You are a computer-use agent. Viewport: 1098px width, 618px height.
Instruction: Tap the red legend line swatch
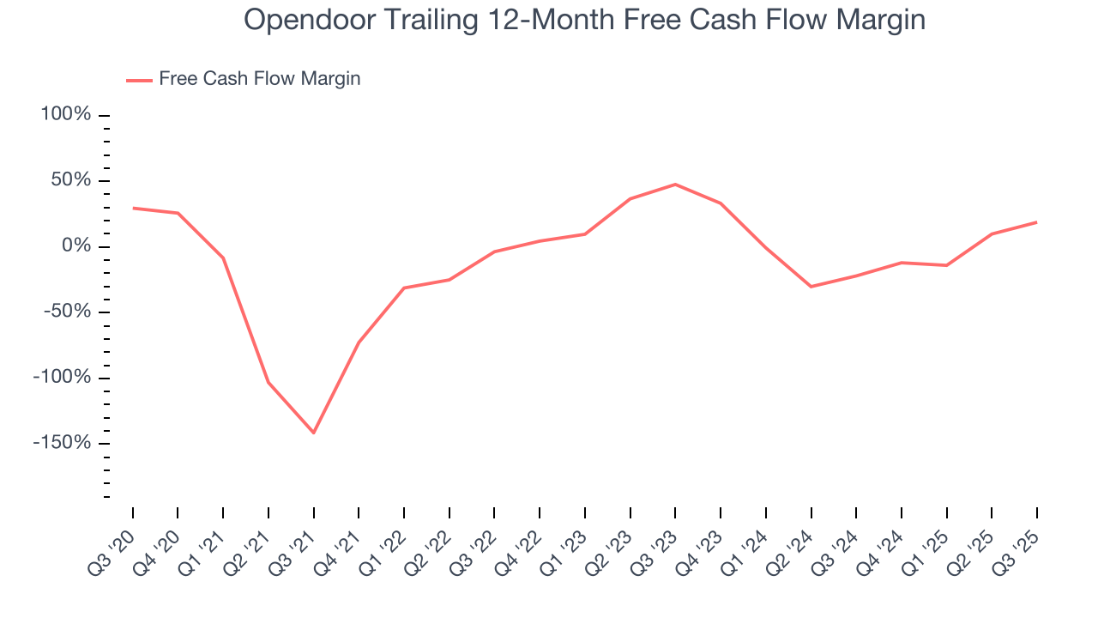tap(139, 80)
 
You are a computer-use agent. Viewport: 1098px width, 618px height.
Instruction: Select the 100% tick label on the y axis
tap(66, 115)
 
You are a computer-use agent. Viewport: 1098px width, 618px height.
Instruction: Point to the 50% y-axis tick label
tap(70, 181)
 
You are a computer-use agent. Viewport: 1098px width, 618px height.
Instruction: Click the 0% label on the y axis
tap(75, 246)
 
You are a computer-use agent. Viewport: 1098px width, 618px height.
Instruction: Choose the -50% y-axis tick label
tap(67, 312)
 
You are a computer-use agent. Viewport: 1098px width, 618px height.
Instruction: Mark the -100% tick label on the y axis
tap(63, 378)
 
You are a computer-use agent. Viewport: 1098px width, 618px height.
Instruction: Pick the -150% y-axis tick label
tap(63, 443)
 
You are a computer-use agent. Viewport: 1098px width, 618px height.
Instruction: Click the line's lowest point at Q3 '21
tap(314, 433)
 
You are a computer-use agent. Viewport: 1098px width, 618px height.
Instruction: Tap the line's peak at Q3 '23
tap(675, 185)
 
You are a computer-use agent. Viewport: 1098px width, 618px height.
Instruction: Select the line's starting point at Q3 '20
tap(133, 208)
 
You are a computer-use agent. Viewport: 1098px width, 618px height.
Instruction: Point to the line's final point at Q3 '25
tap(1036, 222)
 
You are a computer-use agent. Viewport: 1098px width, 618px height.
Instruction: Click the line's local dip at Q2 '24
tap(811, 286)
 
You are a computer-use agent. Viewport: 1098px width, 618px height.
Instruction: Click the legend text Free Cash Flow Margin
tap(260, 79)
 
